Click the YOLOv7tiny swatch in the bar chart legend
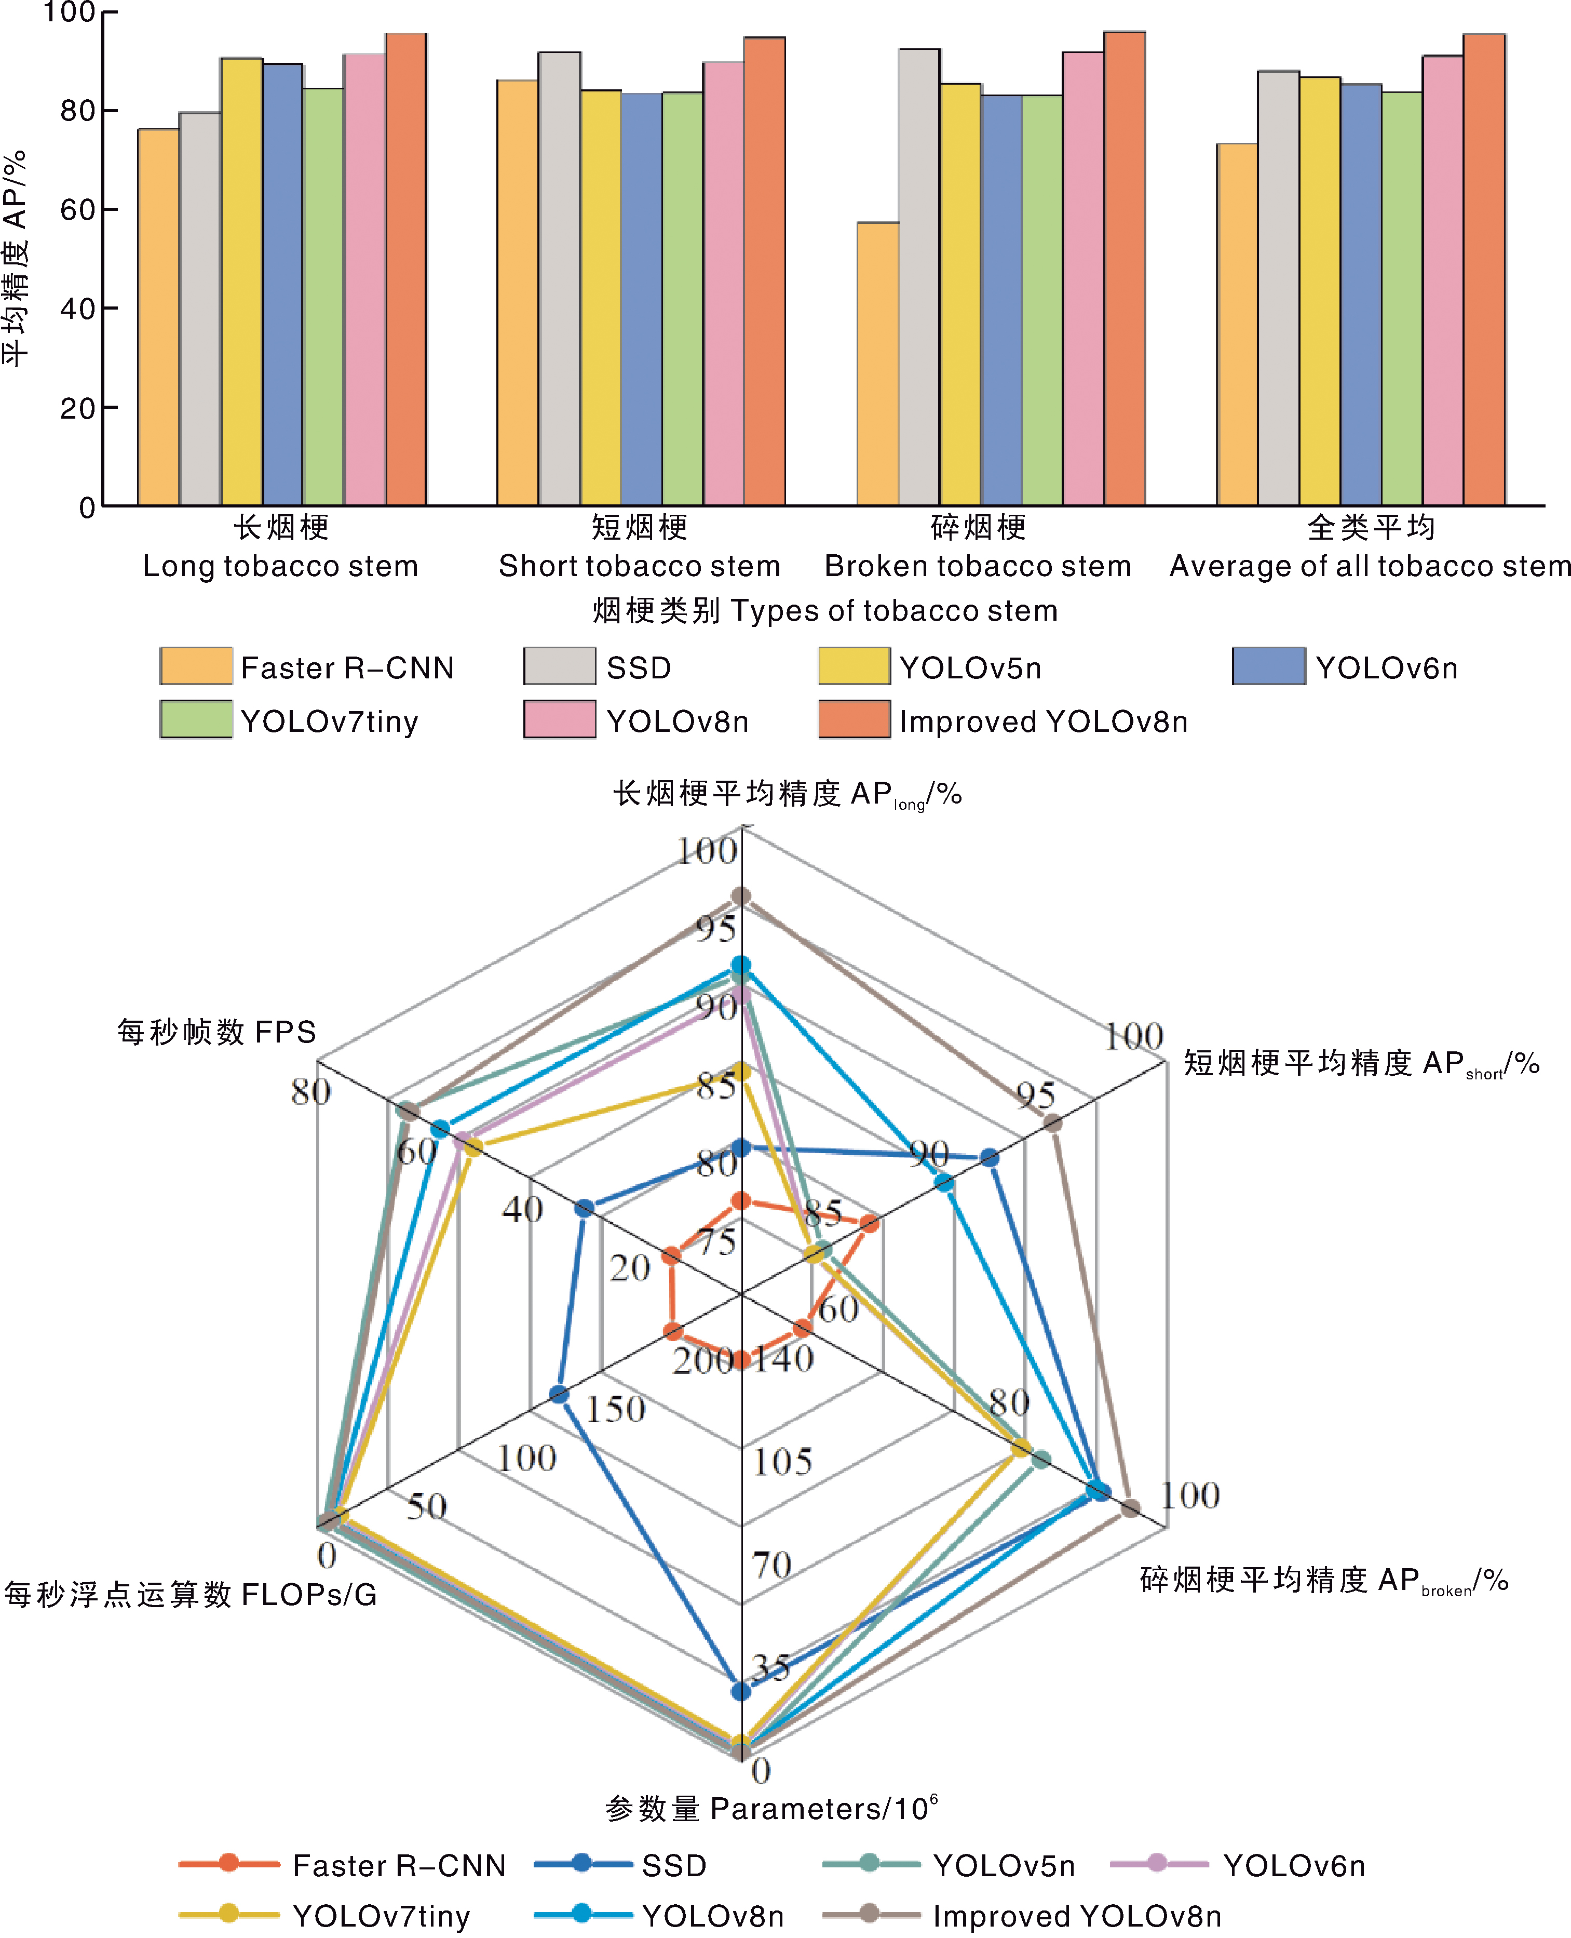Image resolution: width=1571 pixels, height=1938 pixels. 196,719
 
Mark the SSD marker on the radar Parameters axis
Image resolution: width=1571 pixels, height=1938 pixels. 741,1691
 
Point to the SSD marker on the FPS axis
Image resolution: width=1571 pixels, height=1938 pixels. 585,1208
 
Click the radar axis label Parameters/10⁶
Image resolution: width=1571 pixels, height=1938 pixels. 771,1809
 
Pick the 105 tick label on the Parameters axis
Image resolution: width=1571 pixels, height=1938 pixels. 783,1462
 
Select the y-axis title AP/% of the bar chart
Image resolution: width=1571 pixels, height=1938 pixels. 16,258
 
